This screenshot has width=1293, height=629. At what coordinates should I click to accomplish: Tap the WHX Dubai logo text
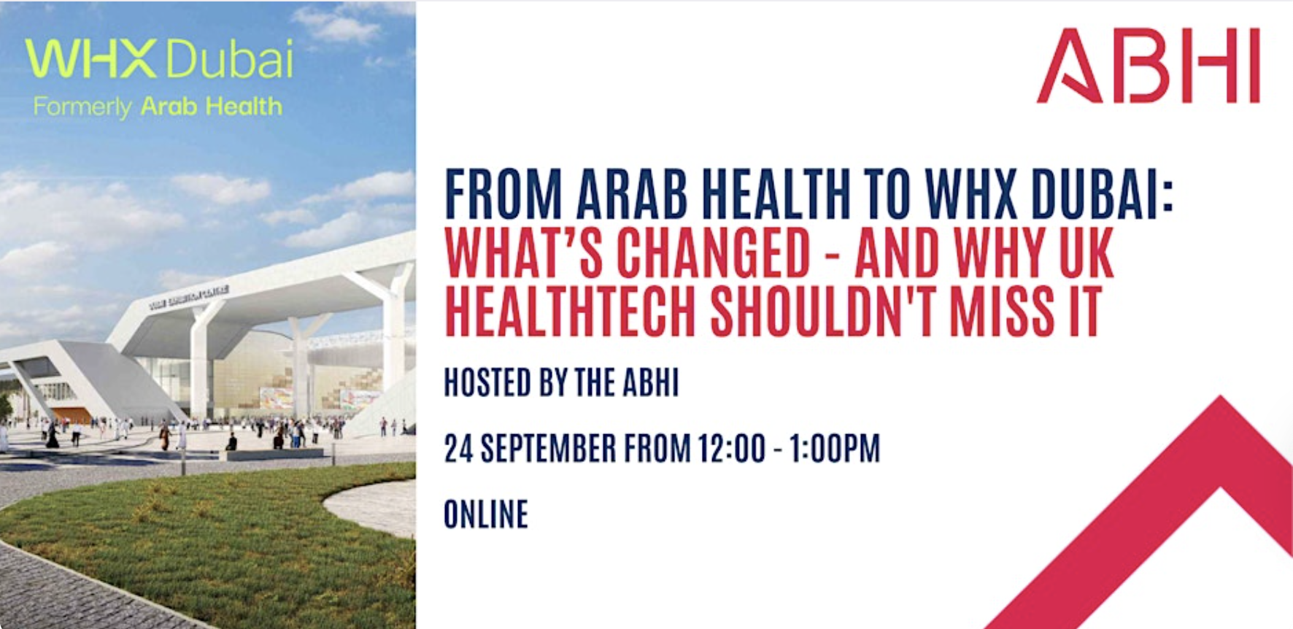(159, 59)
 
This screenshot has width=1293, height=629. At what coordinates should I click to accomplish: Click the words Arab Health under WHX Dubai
(211, 107)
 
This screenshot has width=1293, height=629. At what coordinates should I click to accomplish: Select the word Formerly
(82, 108)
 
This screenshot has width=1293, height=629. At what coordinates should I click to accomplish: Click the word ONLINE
(486, 514)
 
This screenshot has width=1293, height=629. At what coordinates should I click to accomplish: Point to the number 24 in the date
(459, 448)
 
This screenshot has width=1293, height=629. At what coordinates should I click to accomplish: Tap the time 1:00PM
(834, 448)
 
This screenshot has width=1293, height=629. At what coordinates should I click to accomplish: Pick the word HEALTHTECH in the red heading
(570, 312)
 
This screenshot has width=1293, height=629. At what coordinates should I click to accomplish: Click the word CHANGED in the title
(714, 253)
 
